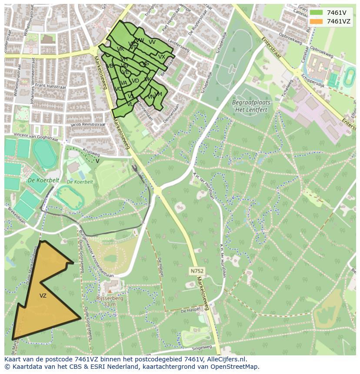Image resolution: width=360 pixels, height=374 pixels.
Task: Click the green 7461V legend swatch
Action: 316,13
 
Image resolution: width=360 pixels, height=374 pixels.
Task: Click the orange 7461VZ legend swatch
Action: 316,21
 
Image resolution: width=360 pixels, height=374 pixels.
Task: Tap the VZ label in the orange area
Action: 43,296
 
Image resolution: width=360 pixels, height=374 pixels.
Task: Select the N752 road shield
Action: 197,271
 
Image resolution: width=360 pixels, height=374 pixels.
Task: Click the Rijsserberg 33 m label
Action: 110,301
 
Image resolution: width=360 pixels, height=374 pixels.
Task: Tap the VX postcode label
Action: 162,57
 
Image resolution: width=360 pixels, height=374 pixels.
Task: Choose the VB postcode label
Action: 110,66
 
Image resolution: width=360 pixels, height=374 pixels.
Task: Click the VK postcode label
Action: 147,79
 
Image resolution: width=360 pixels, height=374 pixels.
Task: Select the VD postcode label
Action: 135,81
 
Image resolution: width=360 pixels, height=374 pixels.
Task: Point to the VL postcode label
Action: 130,104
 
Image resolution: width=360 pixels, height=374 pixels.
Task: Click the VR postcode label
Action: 120,49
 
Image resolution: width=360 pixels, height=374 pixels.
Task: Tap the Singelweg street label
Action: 201,348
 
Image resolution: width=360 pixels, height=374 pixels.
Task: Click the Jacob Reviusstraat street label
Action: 87,124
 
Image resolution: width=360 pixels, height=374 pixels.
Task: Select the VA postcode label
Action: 124,83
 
